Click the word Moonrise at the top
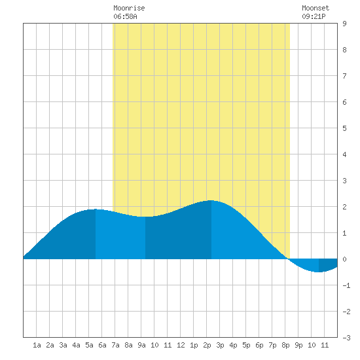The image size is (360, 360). point(129,8)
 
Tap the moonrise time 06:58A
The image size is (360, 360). point(125,16)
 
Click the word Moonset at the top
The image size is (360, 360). point(315,8)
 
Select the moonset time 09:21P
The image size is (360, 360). point(314,16)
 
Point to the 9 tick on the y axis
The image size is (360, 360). point(344,24)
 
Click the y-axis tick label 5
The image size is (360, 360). point(344,128)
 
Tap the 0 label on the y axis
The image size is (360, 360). point(344,259)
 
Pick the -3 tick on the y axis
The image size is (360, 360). point(346,338)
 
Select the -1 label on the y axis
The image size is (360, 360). point(346,285)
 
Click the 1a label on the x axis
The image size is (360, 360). point(37,345)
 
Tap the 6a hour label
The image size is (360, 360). point(102,345)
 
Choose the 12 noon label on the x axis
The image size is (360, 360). point(181,345)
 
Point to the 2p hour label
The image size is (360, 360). point(207,345)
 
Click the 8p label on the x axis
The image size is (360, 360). point(285,345)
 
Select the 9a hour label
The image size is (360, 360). point(141,345)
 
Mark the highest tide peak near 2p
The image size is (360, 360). point(211,200)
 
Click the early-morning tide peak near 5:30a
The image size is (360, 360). point(95,209)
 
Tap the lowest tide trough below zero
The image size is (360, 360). point(318,272)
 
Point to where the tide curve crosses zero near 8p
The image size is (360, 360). point(287,259)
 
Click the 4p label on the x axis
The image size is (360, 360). point(233,345)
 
